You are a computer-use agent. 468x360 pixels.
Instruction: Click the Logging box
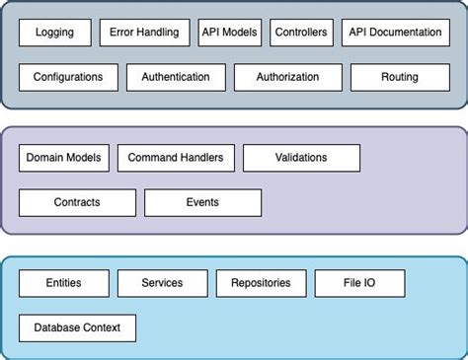[54, 33]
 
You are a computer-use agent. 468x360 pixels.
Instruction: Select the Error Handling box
[144, 33]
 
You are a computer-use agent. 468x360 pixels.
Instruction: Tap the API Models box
[230, 33]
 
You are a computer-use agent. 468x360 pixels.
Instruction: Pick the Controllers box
[302, 33]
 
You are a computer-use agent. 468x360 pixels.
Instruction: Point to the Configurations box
[68, 77]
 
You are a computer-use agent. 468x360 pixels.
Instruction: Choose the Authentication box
[176, 77]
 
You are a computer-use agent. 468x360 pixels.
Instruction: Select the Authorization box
[288, 77]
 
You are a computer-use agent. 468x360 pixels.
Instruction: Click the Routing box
[399, 77]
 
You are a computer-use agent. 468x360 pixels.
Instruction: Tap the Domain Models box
[63, 158]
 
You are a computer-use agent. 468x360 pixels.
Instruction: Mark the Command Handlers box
[176, 158]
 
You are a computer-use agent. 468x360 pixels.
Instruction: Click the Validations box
[301, 158]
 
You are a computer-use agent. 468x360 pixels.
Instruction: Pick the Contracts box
[77, 202]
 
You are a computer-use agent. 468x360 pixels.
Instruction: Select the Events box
[202, 202]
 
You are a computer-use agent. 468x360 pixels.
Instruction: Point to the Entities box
[63, 283]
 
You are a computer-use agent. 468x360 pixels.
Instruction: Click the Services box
[162, 283]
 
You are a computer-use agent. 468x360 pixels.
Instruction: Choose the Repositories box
[261, 283]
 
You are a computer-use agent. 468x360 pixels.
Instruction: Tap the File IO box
[359, 283]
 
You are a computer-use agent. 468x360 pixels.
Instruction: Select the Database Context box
[77, 327]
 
